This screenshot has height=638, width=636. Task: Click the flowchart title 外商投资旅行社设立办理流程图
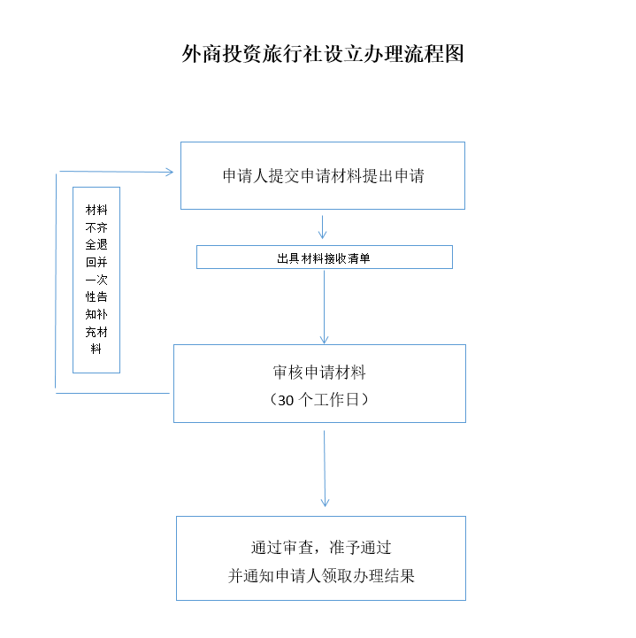coord(323,55)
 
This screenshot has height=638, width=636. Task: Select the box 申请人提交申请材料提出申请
coord(323,176)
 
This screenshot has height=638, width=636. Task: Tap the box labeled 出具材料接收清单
coord(324,258)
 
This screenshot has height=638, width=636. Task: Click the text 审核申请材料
coord(319,373)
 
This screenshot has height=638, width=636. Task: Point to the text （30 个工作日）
coord(319,400)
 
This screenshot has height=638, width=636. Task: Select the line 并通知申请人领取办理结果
coord(321,576)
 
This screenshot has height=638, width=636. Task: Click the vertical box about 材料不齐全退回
coord(96,280)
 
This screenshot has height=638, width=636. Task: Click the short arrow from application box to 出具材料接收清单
coord(323,227)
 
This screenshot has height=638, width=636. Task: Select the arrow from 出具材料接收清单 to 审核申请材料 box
coord(325,306)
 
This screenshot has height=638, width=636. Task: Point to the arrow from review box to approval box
coord(325,469)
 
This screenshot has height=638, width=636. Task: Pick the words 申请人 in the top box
coord(247,176)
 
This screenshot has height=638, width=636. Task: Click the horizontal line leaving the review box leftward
coord(113,393)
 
